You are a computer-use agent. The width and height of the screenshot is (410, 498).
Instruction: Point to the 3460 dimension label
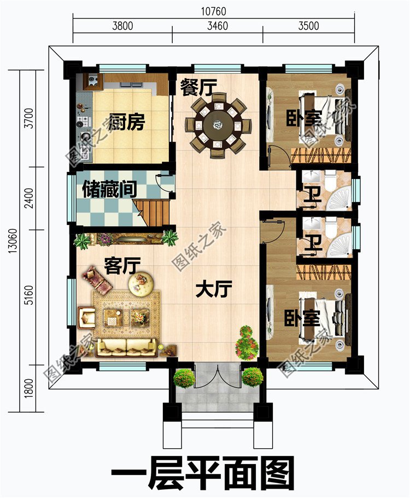[x=218, y=26]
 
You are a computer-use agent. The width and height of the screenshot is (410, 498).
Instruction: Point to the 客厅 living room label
[x=121, y=267]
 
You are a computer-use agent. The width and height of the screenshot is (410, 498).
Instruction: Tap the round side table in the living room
[x=142, y=283]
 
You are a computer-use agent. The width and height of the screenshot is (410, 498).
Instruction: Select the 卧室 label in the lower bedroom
[x=302, y=317]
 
